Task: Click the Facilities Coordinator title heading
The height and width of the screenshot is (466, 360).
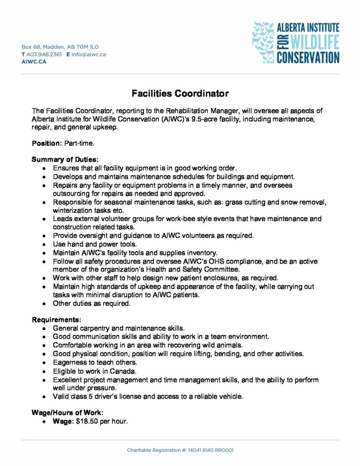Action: (x=180, y=94)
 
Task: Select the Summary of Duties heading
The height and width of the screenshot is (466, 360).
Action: (x=65, y=160)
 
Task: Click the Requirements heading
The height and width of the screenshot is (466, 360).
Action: (x=56, y=320)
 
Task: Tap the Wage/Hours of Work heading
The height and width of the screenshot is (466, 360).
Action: (x=67, y=413)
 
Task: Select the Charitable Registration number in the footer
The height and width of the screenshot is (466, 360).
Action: (x=180, y=450)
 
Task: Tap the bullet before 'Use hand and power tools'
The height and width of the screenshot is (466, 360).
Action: (x=43, y=244)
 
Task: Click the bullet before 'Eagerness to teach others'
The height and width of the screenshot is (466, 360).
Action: (x=43, y=363)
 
